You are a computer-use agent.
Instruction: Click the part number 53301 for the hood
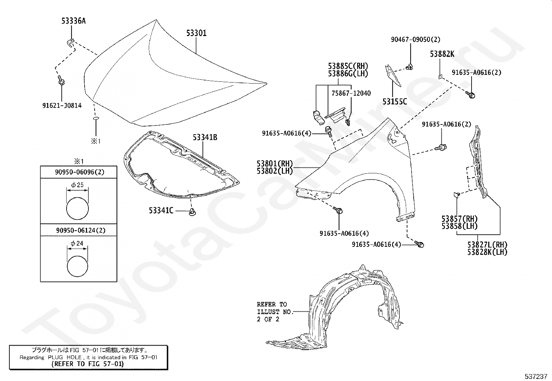coord(196,33)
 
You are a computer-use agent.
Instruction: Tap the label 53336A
coord(74,21)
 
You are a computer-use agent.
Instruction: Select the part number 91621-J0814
coord(62,105)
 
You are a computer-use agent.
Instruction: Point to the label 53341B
coord(205,138)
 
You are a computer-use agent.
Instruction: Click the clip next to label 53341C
coord(192,212)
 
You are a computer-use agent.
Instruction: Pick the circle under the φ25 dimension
coord(77,208)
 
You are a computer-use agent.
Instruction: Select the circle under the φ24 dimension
coord(77,266)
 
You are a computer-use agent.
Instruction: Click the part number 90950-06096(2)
coord(80,172)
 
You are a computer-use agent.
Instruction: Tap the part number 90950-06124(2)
coord(80,230)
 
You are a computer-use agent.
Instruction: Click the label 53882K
coord(442,54)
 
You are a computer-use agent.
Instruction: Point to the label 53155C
coord(395,102)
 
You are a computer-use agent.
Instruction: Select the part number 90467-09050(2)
coord(416,40)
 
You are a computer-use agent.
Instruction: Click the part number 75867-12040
coord(351,93)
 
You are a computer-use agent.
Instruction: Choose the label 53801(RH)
coord(275,164)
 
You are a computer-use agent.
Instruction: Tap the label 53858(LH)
coord(459,226)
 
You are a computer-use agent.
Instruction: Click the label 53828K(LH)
coord(487,252)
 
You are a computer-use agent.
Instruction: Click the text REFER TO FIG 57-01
coord(87,364)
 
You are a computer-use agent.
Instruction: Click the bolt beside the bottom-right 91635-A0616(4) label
coord(420,244)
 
